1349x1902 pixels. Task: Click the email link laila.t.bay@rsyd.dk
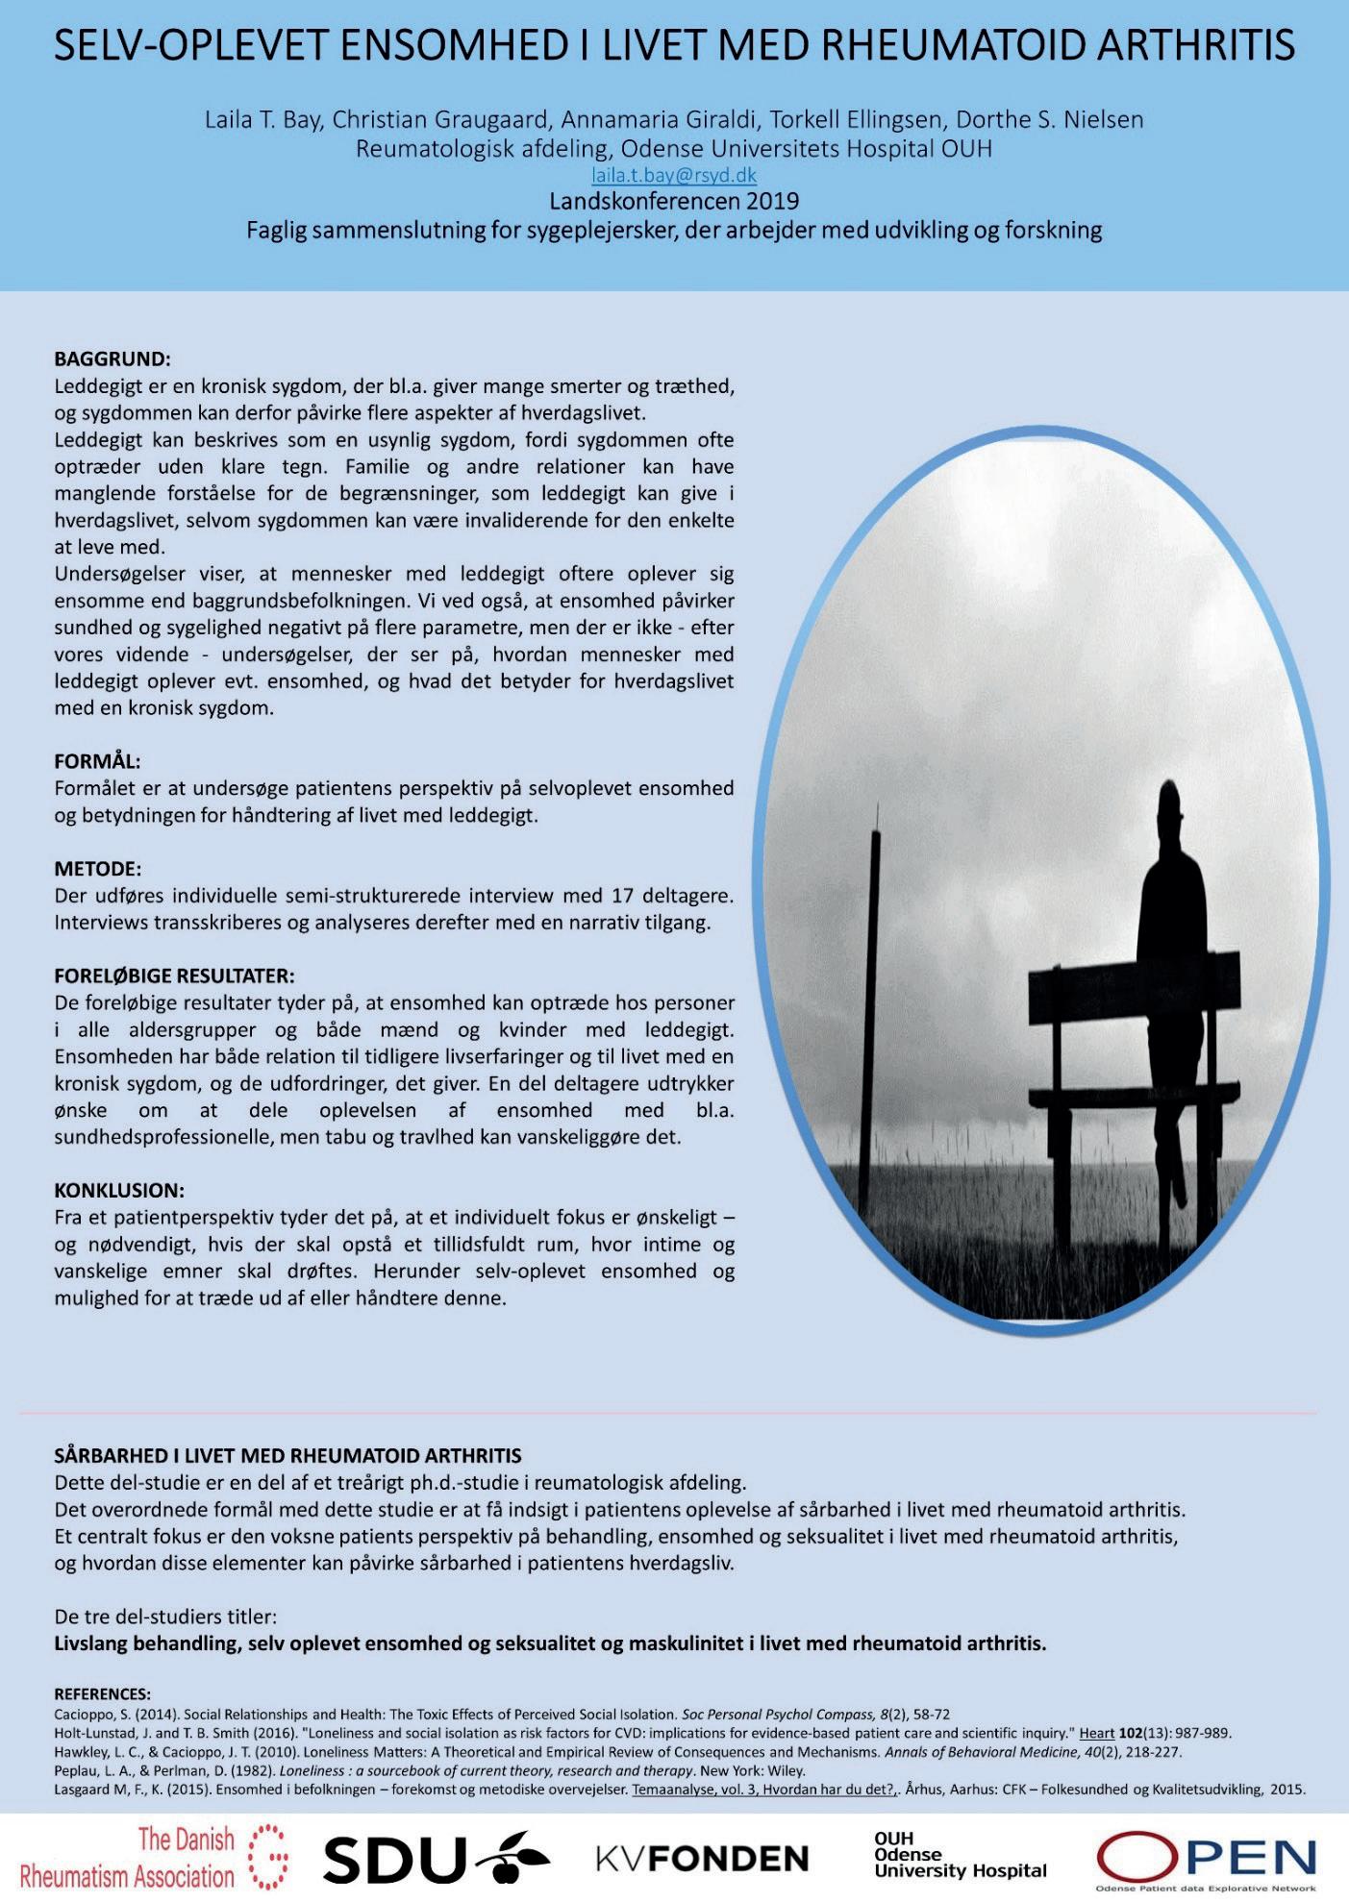pyautogui.click(x=673, y=175)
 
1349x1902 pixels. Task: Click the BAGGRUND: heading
pyautogui.click(x=112, y=359)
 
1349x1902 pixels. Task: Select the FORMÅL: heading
pyautogui.click(x=97, y=761)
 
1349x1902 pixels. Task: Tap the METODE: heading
pyautogui.click(x=97, y=869)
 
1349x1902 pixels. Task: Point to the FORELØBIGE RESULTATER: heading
pyautogui.click(x=174, y=976)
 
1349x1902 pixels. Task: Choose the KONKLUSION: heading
pyautogui.click(x=119, y=1190)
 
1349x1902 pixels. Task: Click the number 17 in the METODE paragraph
pyautogui.click(x=622, y=896)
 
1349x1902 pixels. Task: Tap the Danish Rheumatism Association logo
pyautogui.click(x=154, y=1857)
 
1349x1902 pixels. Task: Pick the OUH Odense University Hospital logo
pyautogui.click(x=959, y=1855)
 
